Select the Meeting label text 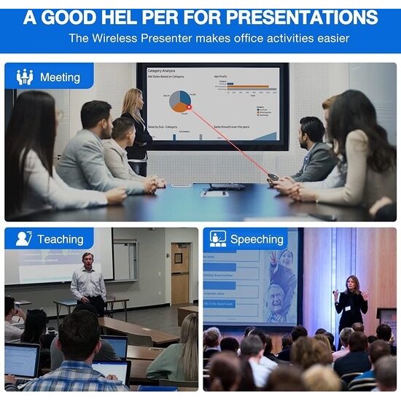coord(60,77)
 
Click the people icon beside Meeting coord(25,77)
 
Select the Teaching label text coord(61,239)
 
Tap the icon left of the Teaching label coord(24,239)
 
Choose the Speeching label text coord(257,239)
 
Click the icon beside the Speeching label coord(217,239)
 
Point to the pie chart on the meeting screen coord(180,101)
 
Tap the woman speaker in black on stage coord(351,300)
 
